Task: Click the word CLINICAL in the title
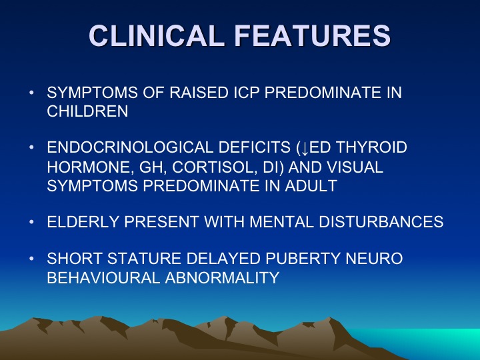[155, 35]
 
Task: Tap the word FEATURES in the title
[313, 35]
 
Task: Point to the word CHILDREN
[87, 111]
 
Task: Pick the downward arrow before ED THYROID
[305, 148]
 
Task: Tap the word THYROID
[371, 147]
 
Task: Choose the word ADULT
[311, 186]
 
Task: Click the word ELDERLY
[83, 221]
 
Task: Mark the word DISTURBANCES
[381, 221]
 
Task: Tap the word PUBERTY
[303, 259]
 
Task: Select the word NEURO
[374, 259]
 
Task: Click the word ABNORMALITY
[222, 277]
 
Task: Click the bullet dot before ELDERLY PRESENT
[31, 221]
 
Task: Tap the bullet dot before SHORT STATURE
[31, 259]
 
